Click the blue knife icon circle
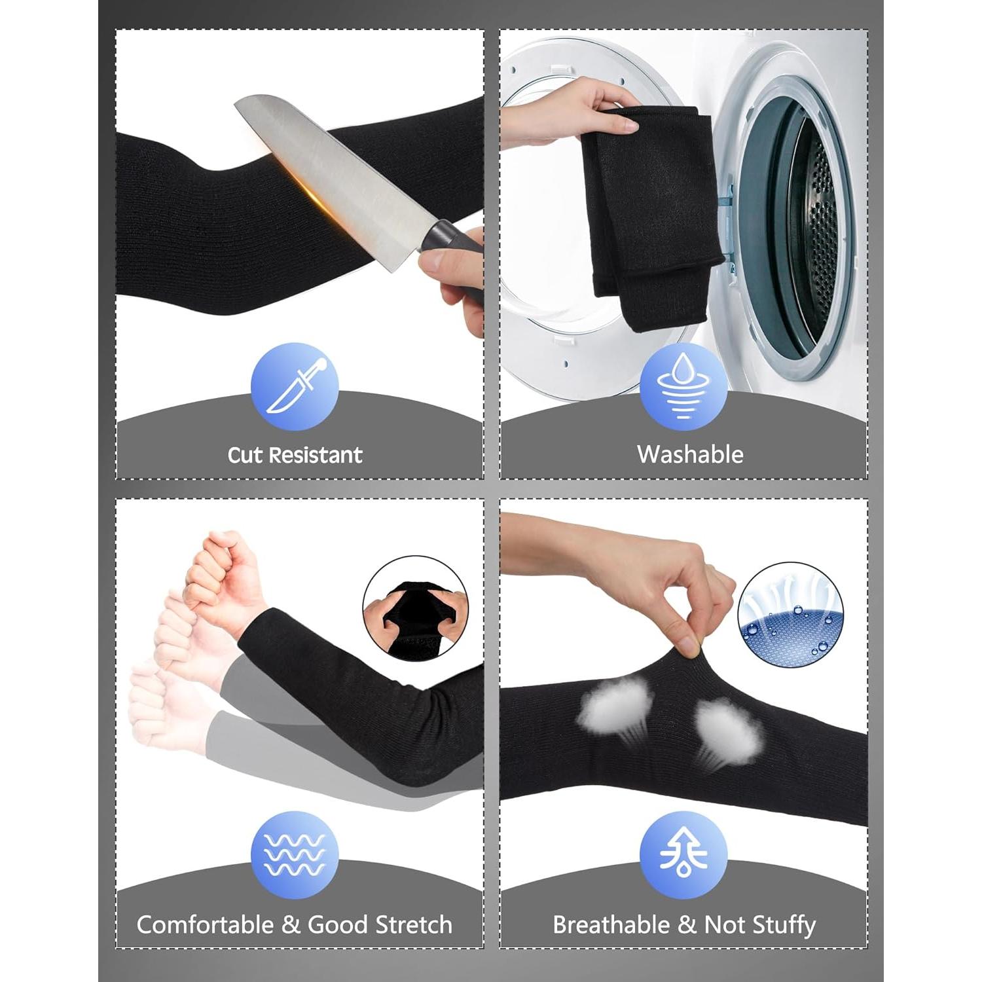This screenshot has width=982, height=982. (295, 386)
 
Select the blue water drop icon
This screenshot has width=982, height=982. (683, 386)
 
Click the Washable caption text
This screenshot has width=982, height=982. (690, 454)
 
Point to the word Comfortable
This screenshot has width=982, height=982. (206, 925)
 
